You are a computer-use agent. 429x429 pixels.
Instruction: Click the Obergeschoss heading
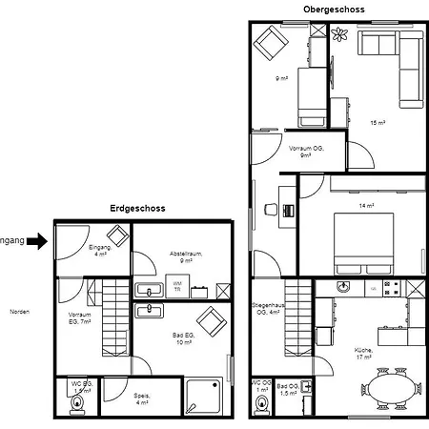pos(334,9)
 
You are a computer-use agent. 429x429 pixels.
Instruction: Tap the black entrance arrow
pos(35,241)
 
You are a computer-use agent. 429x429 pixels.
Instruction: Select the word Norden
pos(19,312)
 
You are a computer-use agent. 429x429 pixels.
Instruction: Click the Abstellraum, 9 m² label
pos(187,256)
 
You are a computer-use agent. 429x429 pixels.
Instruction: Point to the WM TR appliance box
pos(177,285)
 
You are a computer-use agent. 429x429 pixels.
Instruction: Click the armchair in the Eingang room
pos(116,236)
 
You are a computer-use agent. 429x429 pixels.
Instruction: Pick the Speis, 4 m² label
pos(141,398)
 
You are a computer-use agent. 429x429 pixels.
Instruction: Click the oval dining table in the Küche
pos(391,389)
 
